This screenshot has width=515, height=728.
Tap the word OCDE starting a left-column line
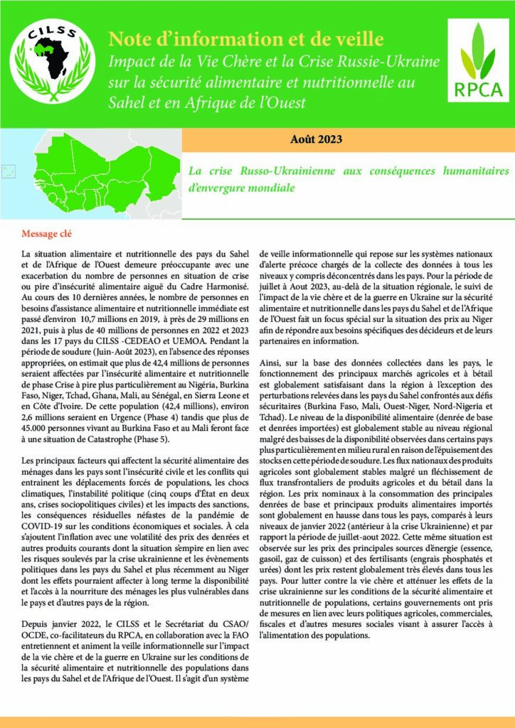click(x=34, y=644)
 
